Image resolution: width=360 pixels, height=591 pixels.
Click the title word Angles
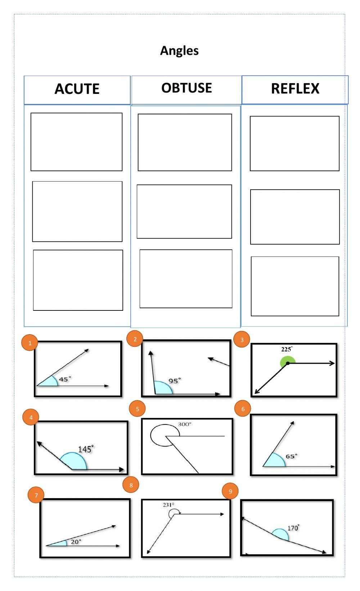pyautogui.click(x=179, y=51)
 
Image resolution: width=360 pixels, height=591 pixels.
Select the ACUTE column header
pyautogui.click(x=77, y=89)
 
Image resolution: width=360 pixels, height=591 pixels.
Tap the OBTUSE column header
pyautogui.click(x=186, y=88)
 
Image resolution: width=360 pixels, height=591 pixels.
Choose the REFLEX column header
pyautogui.click(x=295, y=89)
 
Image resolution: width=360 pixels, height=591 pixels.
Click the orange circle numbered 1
pyautogui.click(x=30, y=343)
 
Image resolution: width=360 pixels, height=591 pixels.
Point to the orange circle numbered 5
pyautogui.click(x=137, y=409)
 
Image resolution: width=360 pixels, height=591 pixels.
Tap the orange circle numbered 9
pyautogui.click(x=230, y=491)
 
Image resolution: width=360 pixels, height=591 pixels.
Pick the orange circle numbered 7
pyautogui.click(x=36, y=495)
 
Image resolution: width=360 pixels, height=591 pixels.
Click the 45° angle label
pyautogui.click(x=65, y=379)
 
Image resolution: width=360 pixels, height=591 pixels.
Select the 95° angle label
pyautogui.click(x=175, y=381)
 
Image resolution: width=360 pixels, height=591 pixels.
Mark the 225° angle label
pyautogui.click(x=287, y=349)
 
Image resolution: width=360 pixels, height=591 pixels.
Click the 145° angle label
pyautogui.click(x=86, y=449)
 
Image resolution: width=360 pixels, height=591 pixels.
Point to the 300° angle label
pyautogui.click(x=185, y=424)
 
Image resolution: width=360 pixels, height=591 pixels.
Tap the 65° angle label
pyautogui.click(x=291, y=456)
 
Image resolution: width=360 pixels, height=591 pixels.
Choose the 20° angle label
pyautogui.click(x=76, y=542)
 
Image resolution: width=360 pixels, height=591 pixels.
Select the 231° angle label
pyautogui.click(x=168, y=505)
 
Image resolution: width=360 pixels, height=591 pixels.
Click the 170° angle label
pyautogui.click(x=293, y=528)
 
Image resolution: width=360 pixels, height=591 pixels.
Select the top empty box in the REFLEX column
pyautogui.click(x=294, y=144)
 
